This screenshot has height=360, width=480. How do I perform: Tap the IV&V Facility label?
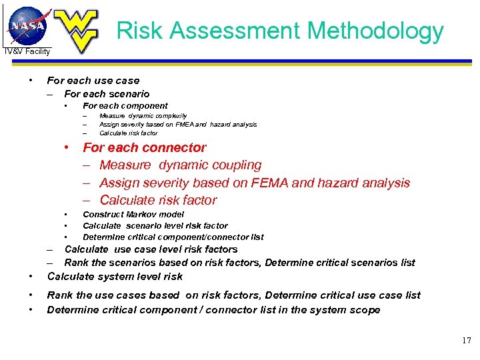(x=27, y=51)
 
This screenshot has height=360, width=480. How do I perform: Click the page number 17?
(x=466, y=341)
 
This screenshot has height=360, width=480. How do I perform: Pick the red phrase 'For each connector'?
(x=144, y=147)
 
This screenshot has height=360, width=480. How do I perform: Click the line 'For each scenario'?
(x=107, y=94)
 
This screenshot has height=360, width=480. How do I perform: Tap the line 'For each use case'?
(x=93, y=81)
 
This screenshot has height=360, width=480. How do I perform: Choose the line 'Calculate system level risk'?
(x=115, y=276)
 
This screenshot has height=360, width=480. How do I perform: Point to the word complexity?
(x=169, y=115)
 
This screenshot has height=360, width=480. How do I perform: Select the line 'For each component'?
(x=125, y=105)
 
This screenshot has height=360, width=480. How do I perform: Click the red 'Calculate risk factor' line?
(x=158, y=200)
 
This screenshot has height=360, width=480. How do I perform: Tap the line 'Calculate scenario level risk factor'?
(x=155, y=226)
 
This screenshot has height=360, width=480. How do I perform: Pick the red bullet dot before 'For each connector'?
(x=67, y=147)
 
